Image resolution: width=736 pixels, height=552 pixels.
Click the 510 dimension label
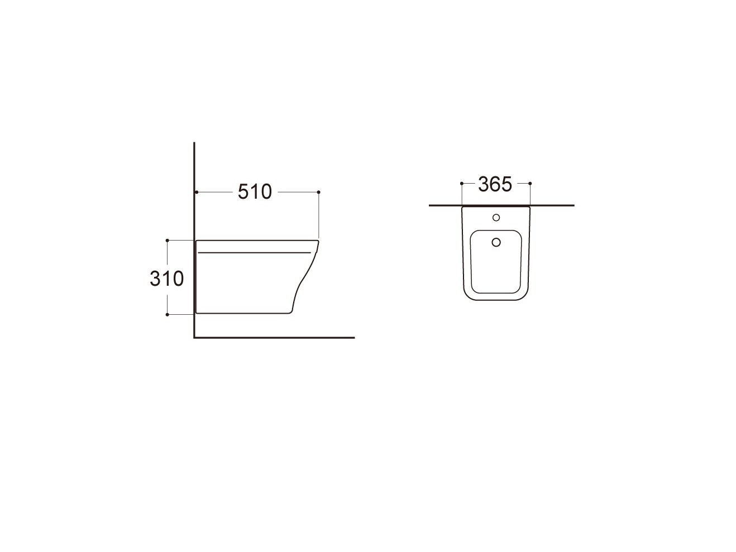pos(255,192)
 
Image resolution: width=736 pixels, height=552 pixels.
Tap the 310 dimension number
pos(166,279)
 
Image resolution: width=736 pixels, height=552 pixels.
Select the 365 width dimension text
pos(495,184)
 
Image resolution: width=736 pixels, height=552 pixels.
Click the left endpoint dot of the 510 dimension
pos(197,192)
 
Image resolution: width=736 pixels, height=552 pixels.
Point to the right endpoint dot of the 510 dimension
pos(318,192)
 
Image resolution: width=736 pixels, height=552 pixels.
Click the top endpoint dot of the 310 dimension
pos(168,241)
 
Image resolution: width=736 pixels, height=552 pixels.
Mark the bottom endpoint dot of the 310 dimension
pos(168,315)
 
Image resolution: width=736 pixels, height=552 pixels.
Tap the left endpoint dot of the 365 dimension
pos(462,183)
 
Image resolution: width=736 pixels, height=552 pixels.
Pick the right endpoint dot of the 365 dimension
pos(530,183)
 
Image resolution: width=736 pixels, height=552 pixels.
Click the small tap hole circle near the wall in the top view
pos(496,218)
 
